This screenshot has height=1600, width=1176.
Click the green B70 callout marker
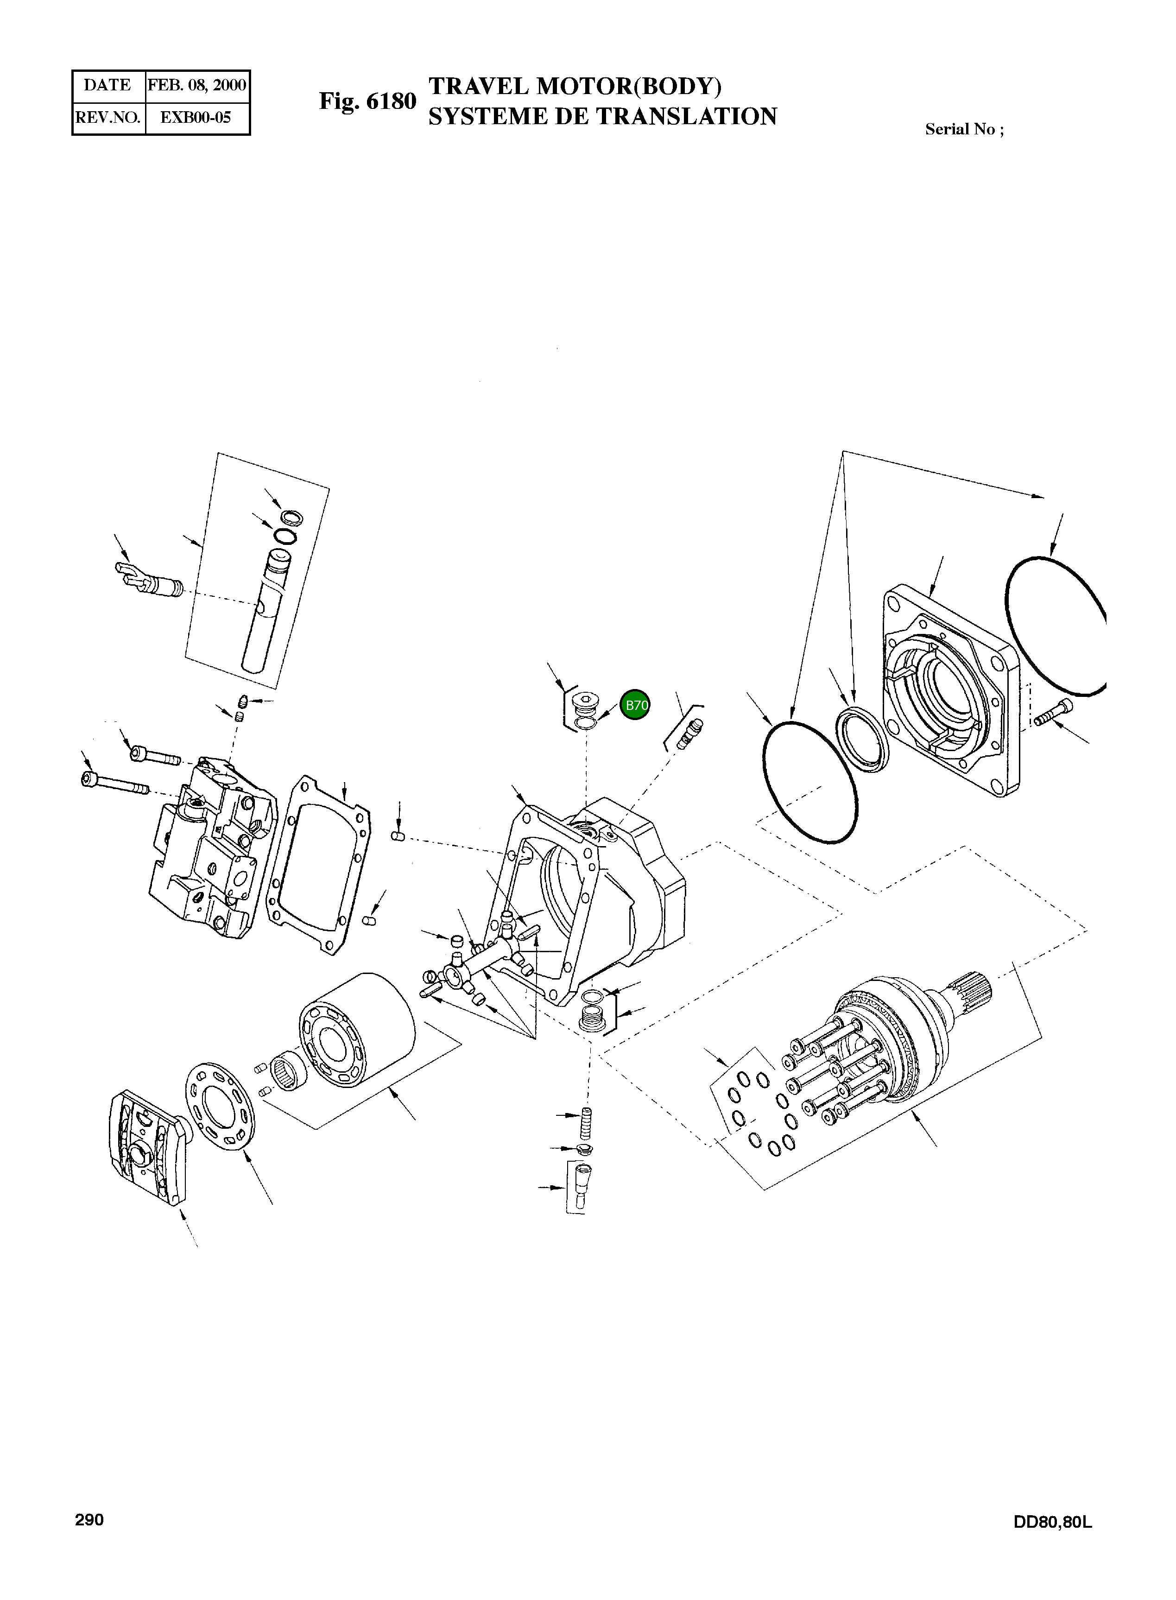635,705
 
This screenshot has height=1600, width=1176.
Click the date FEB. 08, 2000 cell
196,85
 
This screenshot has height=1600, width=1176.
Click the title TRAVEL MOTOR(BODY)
575,86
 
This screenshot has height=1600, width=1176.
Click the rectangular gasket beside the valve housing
318,864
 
